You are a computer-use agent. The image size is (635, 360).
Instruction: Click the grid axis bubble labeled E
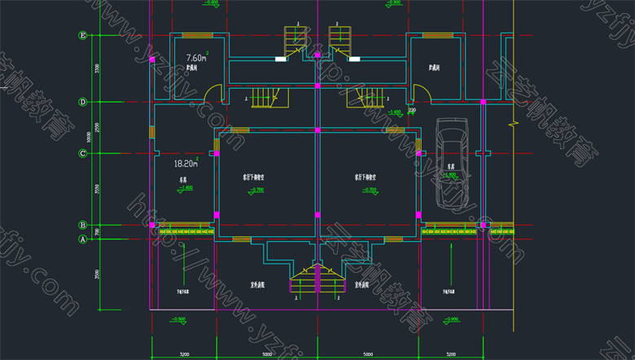click(x=82, y=36)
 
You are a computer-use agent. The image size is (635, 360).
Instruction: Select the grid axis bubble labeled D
click(x=82, y=102)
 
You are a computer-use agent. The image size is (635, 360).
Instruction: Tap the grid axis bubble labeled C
click(x=82, y=153)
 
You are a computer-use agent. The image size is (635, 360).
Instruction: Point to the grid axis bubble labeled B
click(x=82, y=225)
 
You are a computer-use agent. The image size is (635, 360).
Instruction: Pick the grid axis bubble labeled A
click(x=82, y=239)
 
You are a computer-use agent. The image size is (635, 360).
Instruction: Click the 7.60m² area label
click(x=196, y=58)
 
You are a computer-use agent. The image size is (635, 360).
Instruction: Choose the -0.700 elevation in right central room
click(x=370, y=190)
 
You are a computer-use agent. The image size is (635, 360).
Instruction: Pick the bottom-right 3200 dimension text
click(x=450, y=354)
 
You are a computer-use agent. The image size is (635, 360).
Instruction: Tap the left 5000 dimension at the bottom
click(x=266, y=354)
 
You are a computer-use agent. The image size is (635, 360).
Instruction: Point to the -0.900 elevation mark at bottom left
click(x=179, y=318)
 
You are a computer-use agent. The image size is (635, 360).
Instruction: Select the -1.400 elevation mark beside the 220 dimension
click(x=395, y=112)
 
